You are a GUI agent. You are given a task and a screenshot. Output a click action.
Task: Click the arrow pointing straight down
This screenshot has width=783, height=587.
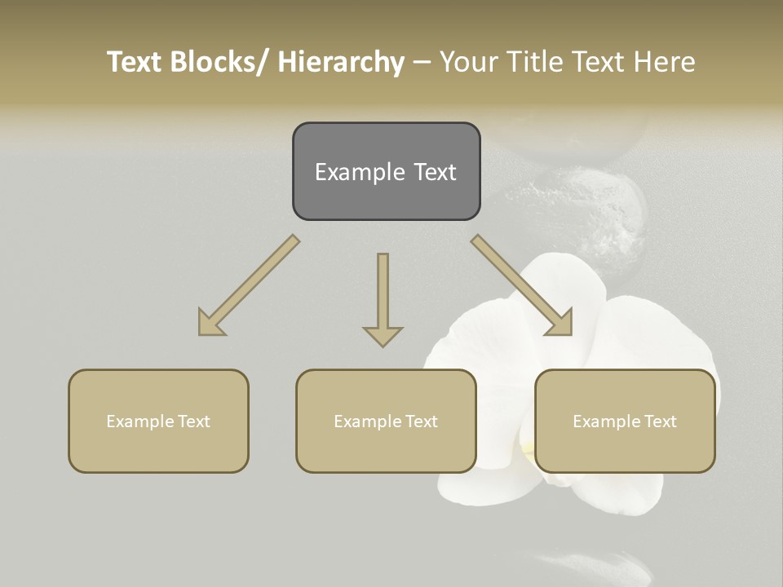tap(383, 298)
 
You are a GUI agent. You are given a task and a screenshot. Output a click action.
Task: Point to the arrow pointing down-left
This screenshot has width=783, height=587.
tap(249, 285)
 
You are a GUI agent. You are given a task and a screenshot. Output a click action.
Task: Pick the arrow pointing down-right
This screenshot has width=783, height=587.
tap(522, 285)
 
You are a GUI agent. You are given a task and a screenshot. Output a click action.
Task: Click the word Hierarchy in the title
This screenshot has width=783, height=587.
tap(341, 62)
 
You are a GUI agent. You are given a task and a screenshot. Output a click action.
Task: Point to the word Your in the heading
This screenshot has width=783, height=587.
tap(467, 62)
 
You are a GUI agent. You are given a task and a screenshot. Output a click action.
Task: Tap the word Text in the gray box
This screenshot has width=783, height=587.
tap(436, 172)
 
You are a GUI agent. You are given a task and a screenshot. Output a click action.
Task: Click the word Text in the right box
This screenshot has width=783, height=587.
tap(661, 421)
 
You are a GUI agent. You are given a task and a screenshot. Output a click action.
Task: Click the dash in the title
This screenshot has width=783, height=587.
tap(422, 62)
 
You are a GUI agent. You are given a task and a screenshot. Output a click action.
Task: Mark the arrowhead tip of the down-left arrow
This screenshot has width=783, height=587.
tap(200, 334)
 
